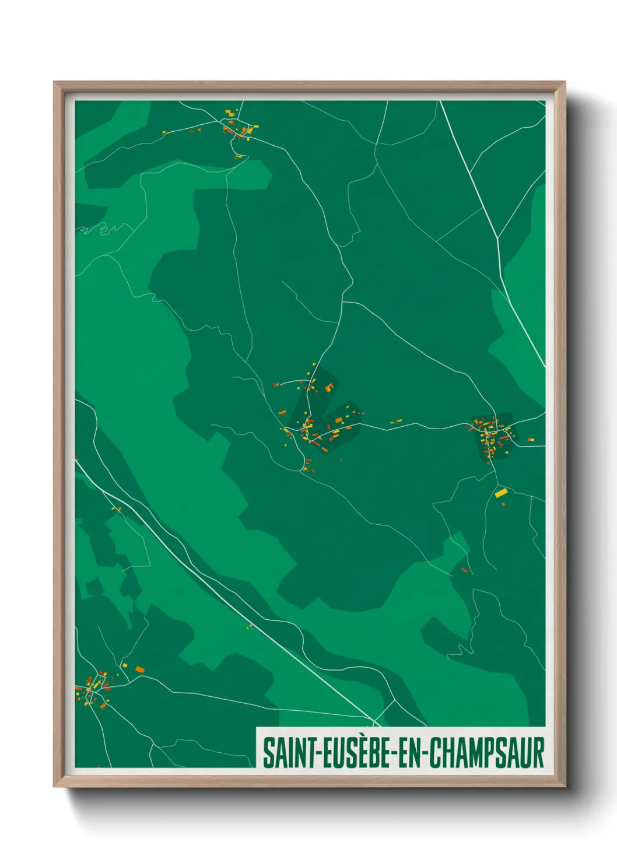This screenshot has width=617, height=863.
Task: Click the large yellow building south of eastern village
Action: pos(500,493)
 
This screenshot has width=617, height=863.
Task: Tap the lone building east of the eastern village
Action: pos(530,439)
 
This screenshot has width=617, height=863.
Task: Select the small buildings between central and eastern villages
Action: pos(397,421)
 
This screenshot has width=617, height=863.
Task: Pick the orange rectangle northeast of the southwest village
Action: pos(139,669)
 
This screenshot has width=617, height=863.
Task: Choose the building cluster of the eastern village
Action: pos(492,433)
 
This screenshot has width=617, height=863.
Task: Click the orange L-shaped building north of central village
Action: pos(329,386)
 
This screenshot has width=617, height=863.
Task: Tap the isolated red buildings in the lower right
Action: pos(465,570)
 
